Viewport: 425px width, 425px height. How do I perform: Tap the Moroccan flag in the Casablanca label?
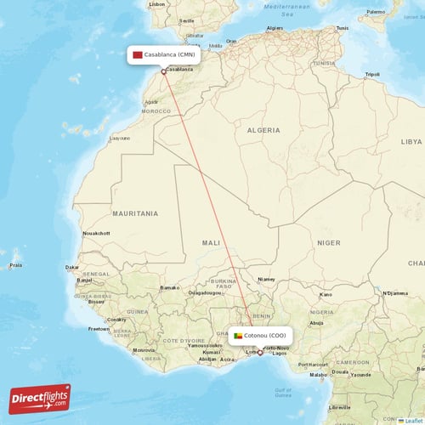click(137, 54)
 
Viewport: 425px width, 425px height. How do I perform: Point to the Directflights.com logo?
click(40, 398)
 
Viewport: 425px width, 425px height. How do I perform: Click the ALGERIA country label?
click(263, 130)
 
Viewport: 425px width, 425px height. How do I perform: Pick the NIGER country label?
click(328, 242)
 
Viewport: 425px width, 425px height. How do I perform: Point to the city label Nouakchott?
click(95, 232)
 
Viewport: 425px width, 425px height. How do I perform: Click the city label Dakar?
click(72, 267)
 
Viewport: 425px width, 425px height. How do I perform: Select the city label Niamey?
click(266, 278)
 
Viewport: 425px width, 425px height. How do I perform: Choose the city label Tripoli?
click(371, 74)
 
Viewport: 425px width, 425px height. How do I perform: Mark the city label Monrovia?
click(144, 349)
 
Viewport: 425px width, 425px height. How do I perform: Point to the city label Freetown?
click(99, 328)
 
